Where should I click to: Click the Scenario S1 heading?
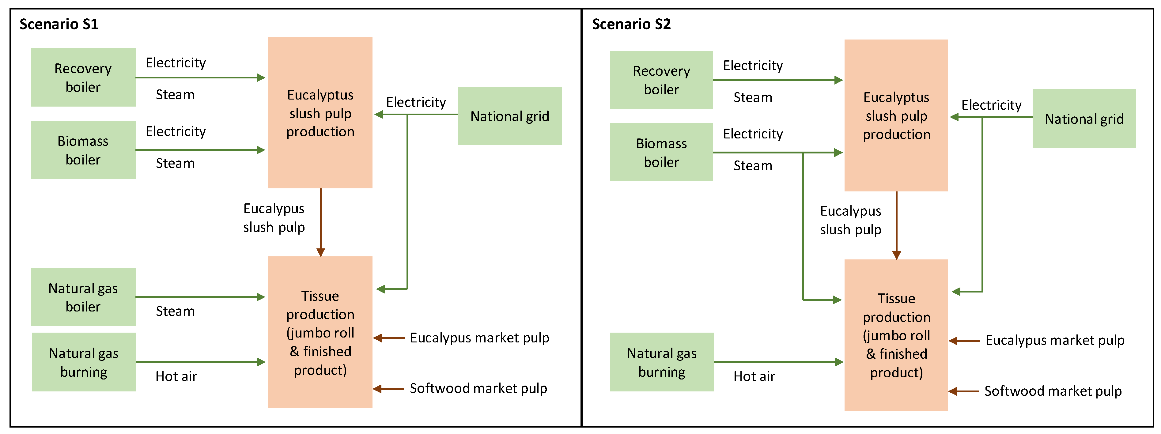point(59,24)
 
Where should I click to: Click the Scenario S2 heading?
point(631,24)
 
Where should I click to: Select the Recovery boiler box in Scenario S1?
point(83,77)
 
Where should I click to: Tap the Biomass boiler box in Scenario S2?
point(661,152)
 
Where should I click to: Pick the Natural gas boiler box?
point(83,297)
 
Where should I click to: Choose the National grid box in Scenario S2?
point(1084,119)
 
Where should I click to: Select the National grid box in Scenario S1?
point(510,116)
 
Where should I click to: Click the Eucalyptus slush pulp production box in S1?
point(320,113)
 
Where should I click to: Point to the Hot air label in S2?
point(754,376)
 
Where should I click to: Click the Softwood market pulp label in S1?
point(478,388)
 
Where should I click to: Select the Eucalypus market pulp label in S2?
point(1055,340)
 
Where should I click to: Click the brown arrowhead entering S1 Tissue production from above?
point(320,252)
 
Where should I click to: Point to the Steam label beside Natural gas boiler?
point(175,311)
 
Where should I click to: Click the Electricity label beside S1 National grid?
point(416,102)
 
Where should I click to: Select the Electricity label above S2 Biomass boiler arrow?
point(753,134)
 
